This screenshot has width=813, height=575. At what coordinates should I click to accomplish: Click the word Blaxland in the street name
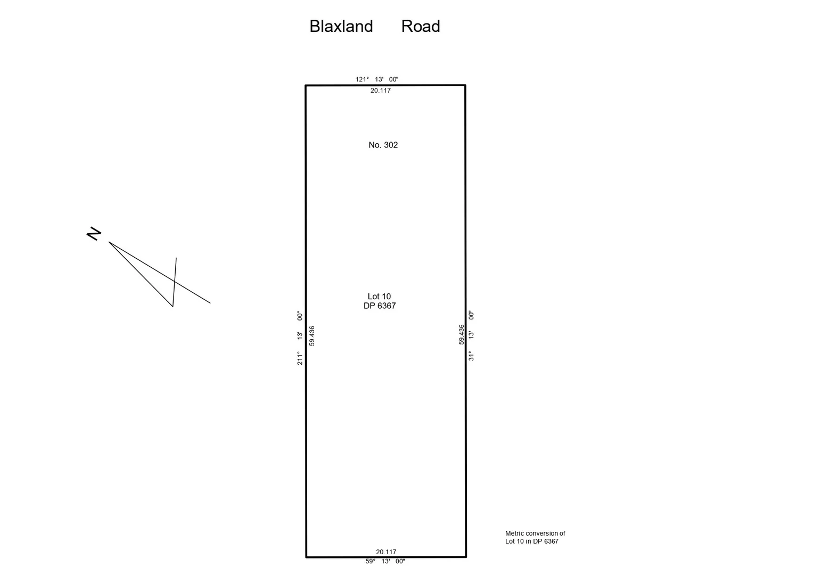click(x=341, y=27)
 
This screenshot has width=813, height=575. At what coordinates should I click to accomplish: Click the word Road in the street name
click(x=420, y=27)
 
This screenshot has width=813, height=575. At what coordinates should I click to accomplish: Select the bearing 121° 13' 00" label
click(x=377, y=79)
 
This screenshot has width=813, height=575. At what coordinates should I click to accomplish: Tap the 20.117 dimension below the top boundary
click(x=381, y=91)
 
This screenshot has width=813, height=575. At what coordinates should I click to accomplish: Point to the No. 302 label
click(x=383, y=145)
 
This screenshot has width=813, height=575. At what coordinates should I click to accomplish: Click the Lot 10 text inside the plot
click(x=379, y=297)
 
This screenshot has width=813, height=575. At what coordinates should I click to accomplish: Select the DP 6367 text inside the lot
click(x=380, y=306)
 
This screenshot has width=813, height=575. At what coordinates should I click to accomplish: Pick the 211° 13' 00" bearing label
click(x=300, y=338)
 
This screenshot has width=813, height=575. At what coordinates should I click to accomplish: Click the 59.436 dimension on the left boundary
click(x=312, y=336)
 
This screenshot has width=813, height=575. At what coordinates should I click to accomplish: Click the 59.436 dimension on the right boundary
click(x=462, y=334)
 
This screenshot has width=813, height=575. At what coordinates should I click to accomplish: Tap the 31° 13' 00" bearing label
click(x=471, y=335)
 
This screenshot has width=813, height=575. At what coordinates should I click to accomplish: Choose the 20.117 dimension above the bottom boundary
click(x=386, y=552)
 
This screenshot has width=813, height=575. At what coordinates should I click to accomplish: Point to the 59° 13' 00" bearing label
click(x=385, y=561)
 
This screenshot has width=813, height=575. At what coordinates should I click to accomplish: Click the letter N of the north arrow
click(x=94, y=234)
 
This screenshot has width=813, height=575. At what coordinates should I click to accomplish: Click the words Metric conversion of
click(x=535, y=533)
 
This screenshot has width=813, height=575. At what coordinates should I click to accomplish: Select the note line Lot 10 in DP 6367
click(x=532, y=541)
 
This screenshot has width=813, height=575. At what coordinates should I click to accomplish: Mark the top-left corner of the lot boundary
click(x=306, y=85)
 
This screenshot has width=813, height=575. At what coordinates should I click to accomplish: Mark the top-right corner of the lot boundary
click(x=465, y=85)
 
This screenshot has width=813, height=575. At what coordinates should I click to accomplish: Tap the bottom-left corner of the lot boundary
click(x=306, y=557)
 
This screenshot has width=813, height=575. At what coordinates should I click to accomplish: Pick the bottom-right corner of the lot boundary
click(x=466, y=557)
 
